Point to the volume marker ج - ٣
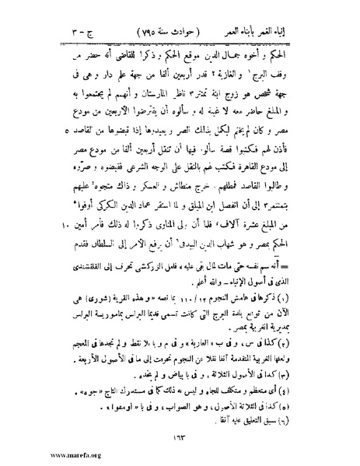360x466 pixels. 61,14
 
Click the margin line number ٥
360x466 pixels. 51,121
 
